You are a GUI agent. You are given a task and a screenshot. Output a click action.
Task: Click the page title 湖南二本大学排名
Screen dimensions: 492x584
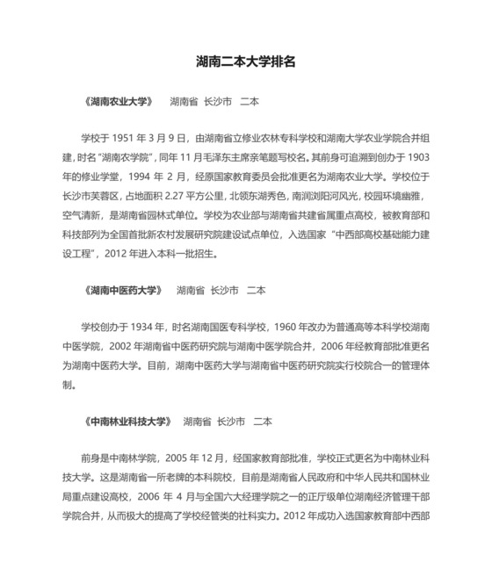[x=245, y=63]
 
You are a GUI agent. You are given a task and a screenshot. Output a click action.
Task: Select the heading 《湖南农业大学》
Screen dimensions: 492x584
[x=120, y=101]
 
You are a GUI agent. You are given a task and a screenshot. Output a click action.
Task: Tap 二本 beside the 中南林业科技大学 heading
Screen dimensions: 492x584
[x=262, y=421]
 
